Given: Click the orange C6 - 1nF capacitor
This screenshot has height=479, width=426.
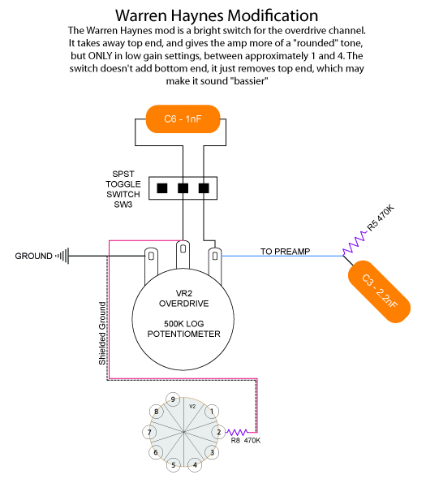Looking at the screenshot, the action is pos(183,119).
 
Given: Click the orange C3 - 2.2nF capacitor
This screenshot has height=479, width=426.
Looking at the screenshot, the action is pos(379,291).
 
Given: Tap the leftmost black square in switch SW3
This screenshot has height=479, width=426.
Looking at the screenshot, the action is pos(162,188).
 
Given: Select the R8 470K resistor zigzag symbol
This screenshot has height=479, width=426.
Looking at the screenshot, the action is pos(237,432).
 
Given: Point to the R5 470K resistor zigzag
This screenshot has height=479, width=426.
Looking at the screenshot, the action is pos(355,243).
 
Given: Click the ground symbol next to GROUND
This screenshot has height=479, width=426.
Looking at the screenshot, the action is pos(62,256).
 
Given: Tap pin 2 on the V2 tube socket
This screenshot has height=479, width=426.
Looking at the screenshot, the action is pos(218,432).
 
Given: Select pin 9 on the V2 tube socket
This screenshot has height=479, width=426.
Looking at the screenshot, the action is pos(173,399).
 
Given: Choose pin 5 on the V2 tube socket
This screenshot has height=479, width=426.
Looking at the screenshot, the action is pos(173,465).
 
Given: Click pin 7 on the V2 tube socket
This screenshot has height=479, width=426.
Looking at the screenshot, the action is pos(149,432).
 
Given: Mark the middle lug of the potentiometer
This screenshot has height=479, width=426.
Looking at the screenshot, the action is pos(183,254).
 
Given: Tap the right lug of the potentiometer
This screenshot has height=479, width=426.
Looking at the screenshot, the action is pos(215,262).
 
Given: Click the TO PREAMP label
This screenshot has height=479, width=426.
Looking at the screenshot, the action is pos(286,252).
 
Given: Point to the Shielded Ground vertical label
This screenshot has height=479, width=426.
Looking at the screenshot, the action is pos(102,334).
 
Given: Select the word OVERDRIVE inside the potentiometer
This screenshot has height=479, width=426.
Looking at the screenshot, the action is pos(184,304).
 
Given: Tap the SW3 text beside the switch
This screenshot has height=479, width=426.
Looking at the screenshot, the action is pos(123,205).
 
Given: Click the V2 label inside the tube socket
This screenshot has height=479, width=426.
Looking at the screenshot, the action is pos(192,406).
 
